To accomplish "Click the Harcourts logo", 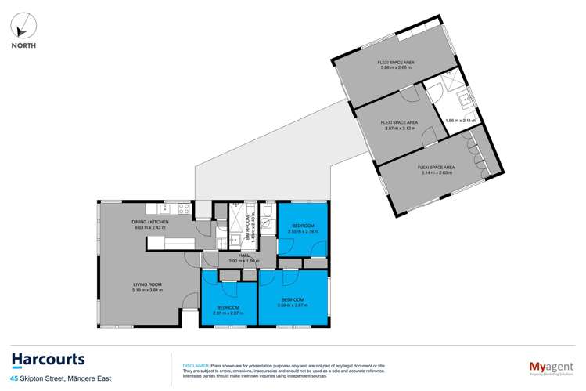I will (x=49, y=360).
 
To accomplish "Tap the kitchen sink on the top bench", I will (x=164, y=209).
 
